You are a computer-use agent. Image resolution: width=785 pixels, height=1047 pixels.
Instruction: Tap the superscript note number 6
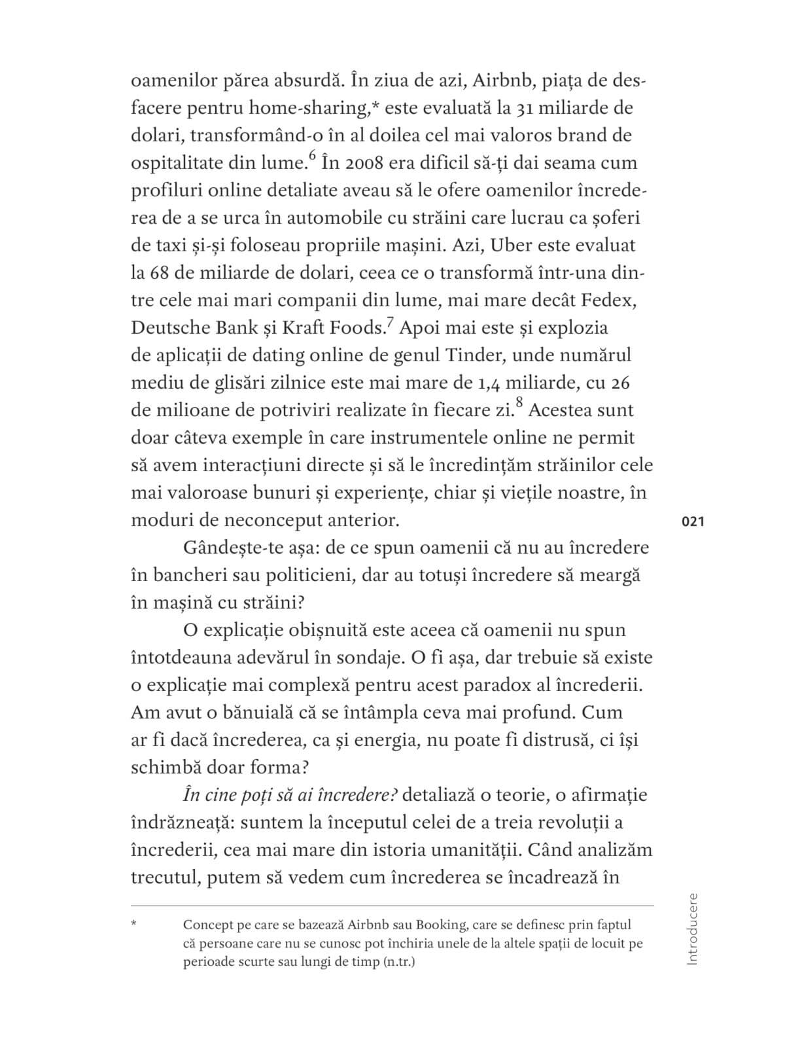[x=311, y=156]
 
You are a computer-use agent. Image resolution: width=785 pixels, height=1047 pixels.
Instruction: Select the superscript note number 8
[x=519, y=403]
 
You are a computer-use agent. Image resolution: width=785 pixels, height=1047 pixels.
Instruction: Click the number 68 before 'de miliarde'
[x=161, y=273]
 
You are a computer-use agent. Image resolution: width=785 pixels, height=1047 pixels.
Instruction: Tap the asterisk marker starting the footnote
[x=134, y=925]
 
